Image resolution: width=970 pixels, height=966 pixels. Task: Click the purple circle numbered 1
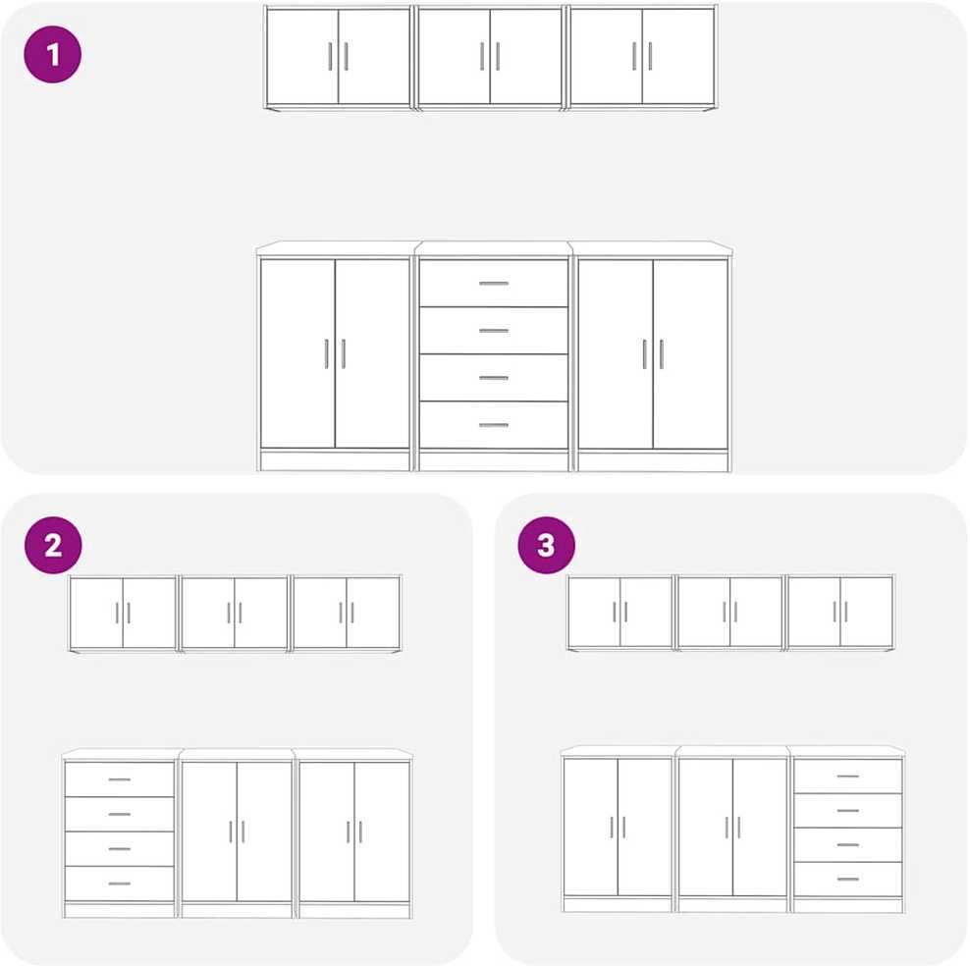click(x=53, y=54)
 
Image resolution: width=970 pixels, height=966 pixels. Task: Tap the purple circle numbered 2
click(x=53, y=545)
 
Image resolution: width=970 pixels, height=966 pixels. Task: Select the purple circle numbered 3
click(x=546, y=545)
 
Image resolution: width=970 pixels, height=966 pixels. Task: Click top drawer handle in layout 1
click(x=494, y=284)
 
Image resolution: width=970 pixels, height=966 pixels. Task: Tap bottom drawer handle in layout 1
click(x=494, y=425)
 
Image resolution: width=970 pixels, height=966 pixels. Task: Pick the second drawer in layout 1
click(x=494, y=330)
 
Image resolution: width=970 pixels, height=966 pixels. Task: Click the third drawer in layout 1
click(x=494, y=377)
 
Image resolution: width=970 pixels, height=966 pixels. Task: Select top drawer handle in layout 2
click(x=120, y=779)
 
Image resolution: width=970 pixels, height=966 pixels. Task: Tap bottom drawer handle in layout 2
click(x=120, y=884)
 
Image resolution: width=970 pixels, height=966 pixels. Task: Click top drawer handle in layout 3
click(x=848, y=776)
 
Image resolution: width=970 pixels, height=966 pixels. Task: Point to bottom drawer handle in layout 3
click(x=848, y=879)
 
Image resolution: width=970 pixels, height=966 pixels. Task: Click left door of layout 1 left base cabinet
click(x=298, y=353)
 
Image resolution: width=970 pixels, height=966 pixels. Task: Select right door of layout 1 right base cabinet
click(x=690, y=353)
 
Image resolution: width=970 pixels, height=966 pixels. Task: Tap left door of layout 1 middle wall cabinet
click(x=455, y=56)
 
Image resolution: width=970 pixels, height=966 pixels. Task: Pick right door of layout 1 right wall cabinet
click(x=678, y=56)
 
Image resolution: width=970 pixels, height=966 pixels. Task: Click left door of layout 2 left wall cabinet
click(x=96, y=613)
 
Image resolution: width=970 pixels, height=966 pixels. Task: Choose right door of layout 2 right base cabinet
click(x=382, y=832)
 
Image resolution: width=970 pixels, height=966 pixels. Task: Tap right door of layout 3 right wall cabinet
click(x=867, y=612)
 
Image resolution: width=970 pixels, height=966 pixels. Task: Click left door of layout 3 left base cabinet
click(x=591, y=827)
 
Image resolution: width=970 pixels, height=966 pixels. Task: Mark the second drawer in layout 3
click(x=848, y=810)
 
